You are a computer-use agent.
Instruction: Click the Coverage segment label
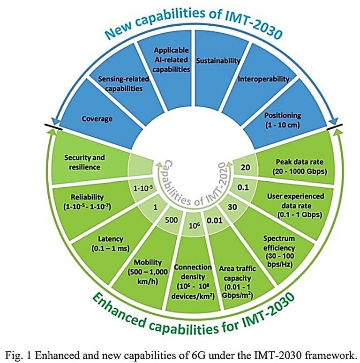tap(97, 119)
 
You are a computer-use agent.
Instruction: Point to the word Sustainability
tap(218, 61)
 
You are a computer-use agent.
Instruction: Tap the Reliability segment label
tap(86, 201)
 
